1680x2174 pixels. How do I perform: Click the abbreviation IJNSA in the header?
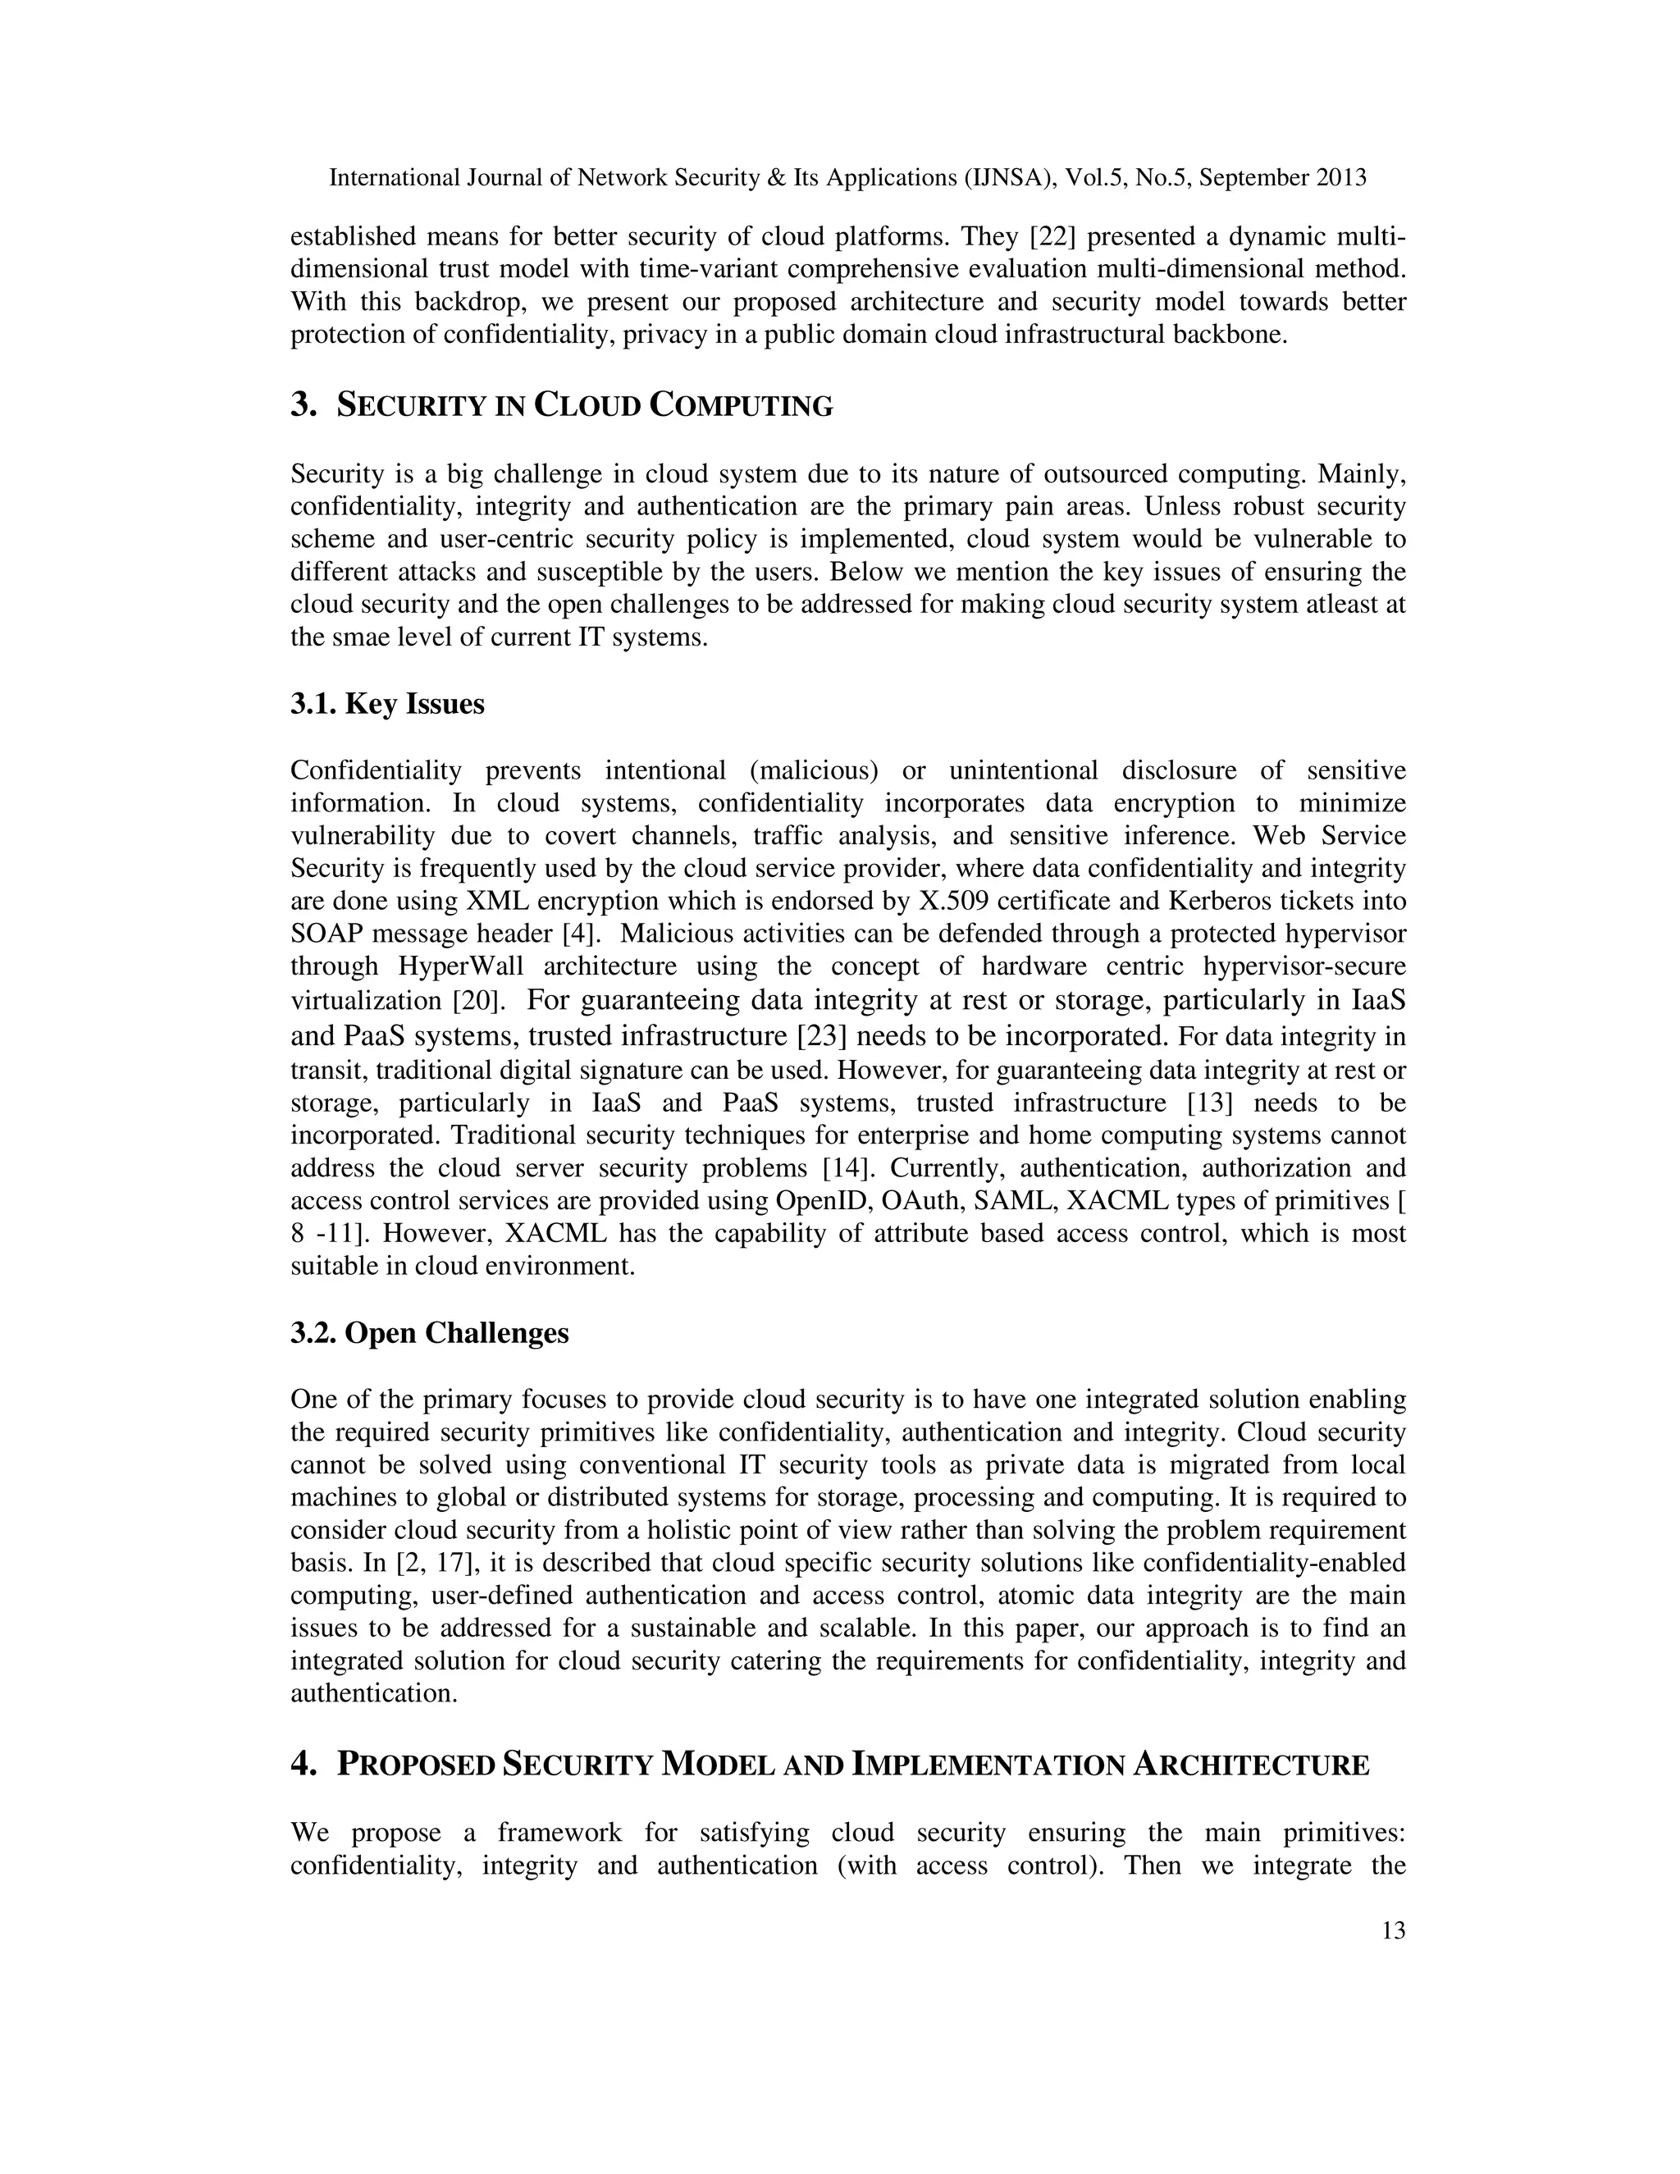click(1008, 178)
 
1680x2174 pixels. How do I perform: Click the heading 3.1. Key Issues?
click(387, 704)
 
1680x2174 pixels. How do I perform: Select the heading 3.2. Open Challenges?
click(429, 1333)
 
